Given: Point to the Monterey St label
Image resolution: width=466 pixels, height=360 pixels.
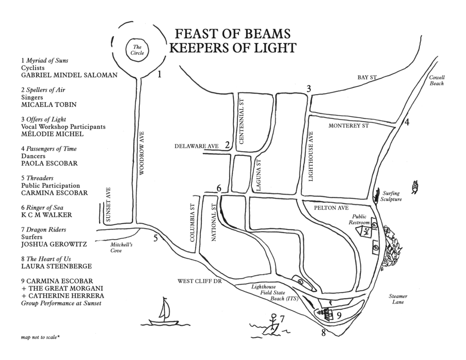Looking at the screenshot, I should coord(349,126).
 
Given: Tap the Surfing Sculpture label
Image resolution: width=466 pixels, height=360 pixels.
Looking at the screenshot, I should coord(392,196).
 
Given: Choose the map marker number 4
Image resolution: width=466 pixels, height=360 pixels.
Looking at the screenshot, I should coord(407,122).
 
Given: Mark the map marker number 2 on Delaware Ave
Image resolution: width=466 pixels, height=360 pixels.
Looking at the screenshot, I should coord(227,145).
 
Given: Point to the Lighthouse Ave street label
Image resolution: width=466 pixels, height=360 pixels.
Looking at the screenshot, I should coord(311,160).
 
